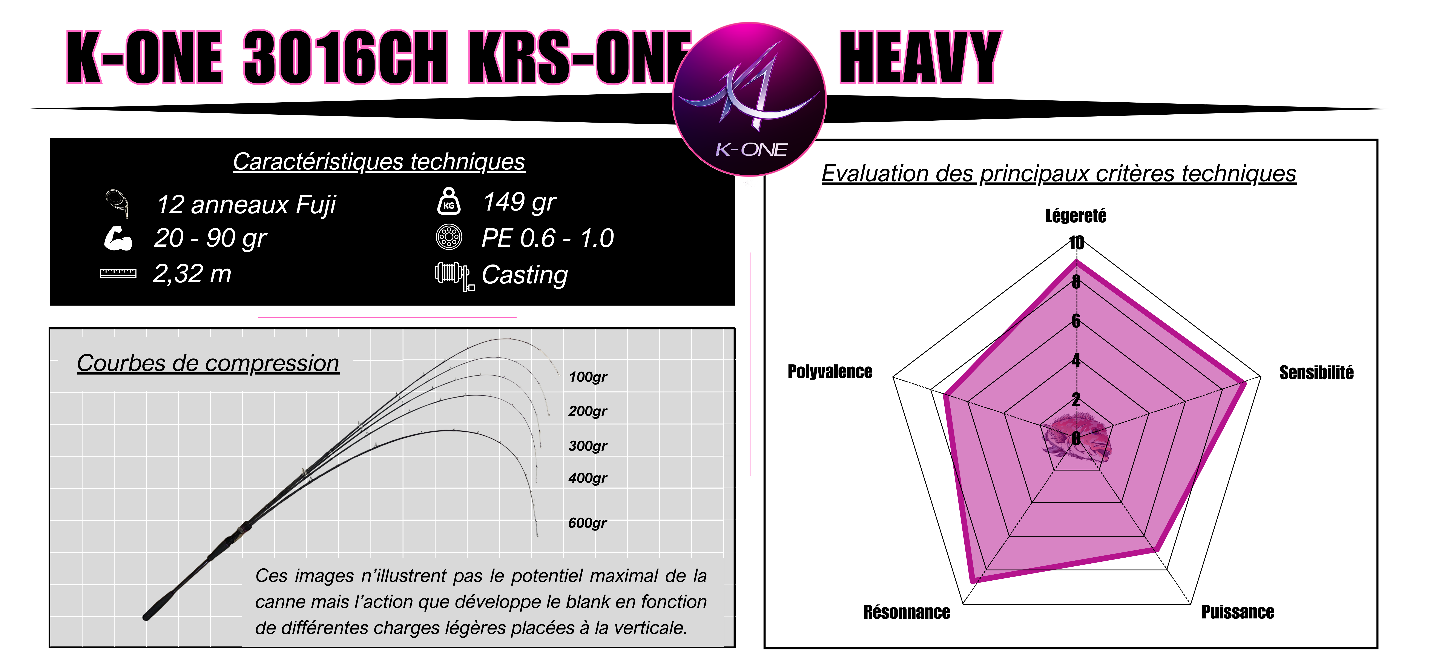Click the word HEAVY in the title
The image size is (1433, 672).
(921, 57)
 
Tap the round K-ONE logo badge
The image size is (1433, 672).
(749, 98)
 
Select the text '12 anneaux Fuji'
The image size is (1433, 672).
(246, 205)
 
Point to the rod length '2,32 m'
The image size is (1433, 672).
(192, 274)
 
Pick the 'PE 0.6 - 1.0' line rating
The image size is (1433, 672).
(547, 238)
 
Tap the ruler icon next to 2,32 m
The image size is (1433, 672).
(118, 273)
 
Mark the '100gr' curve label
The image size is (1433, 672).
(588, 377)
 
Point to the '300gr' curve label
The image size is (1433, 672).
(588, 446)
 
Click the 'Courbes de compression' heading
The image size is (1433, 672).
(208, 363)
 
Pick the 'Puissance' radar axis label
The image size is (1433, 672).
(1238, 612)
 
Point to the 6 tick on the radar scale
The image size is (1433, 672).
(1076, 321)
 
